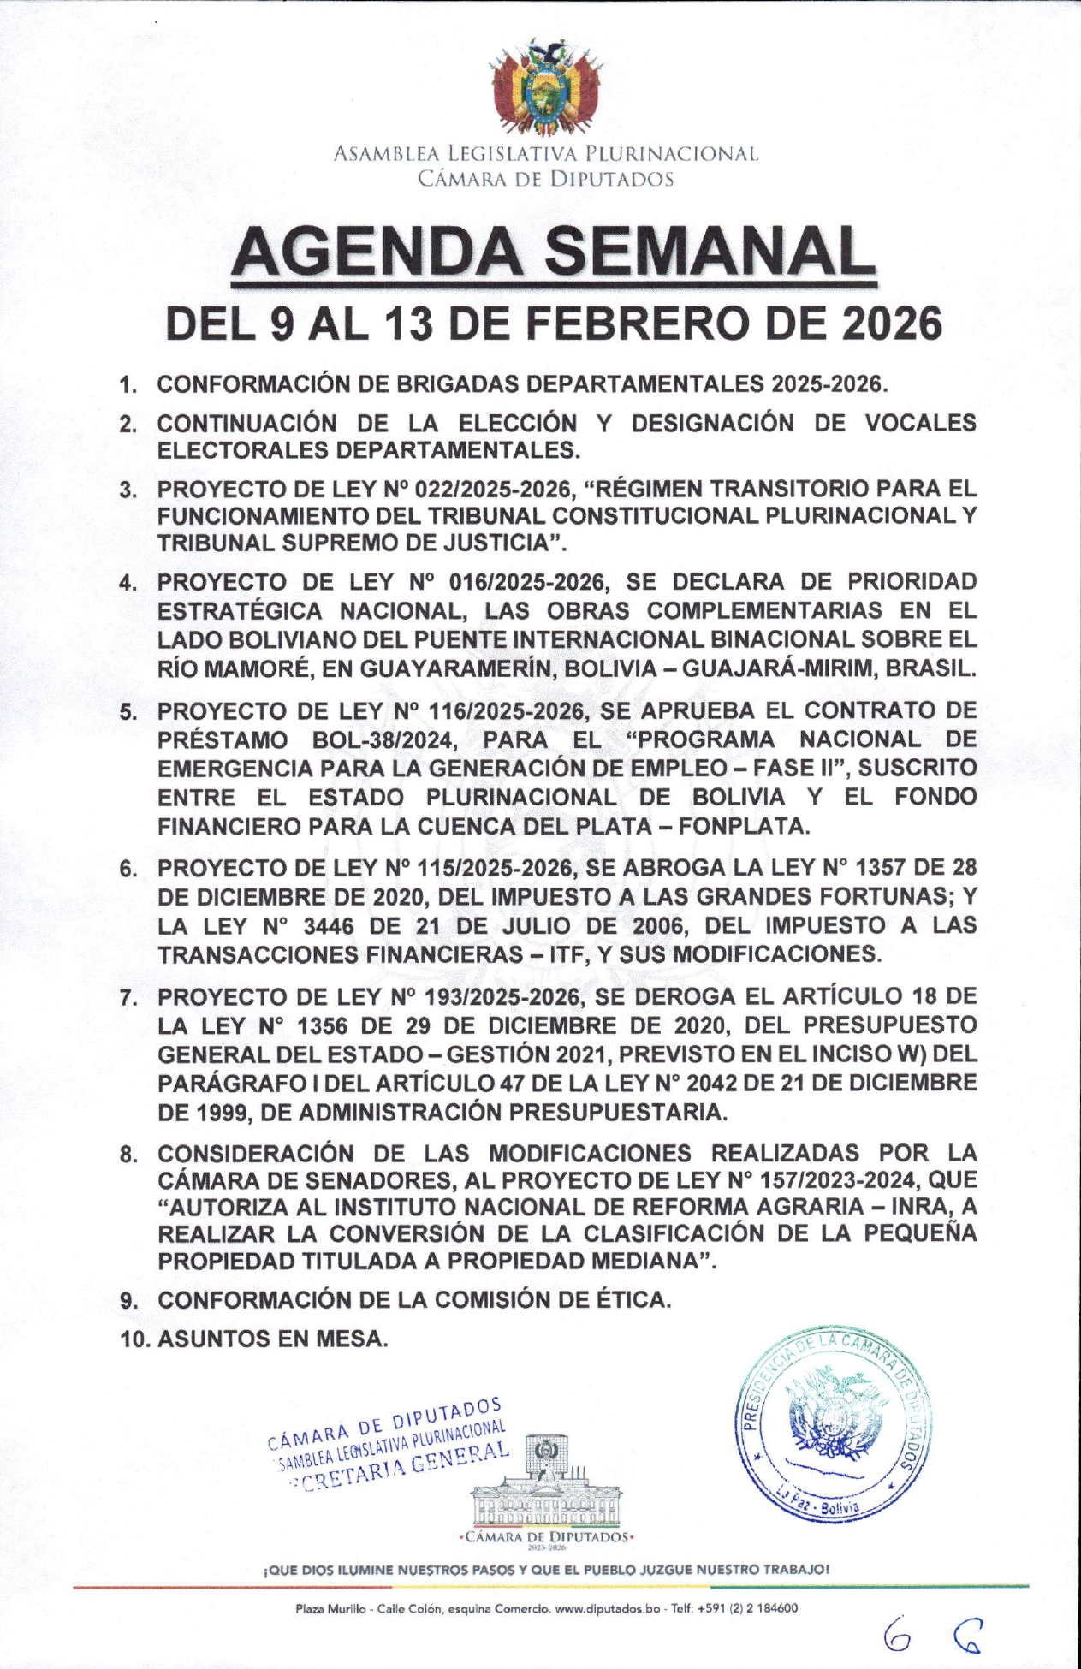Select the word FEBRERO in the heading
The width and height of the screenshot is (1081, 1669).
pos(616,324)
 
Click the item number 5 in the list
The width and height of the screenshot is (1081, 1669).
pos(128,712)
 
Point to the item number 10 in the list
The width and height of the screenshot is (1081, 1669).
pos(134,1340)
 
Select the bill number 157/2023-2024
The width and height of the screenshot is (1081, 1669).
pos(833,1180)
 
